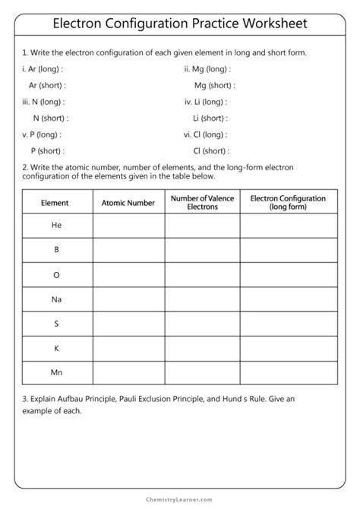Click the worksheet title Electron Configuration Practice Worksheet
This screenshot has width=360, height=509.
(180, 24)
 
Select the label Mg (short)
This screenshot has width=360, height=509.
(213, 85)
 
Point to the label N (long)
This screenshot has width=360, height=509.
(44, 102)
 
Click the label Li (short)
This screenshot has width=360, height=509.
(210, 118)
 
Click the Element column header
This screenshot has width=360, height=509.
(55, 203)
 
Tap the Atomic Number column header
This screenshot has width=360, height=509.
(128, 203)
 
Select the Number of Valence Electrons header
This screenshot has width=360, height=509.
(202, 203)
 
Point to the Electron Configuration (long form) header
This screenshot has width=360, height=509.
(288, 203)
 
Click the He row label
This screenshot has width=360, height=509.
(56, 226)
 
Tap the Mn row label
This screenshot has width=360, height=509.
(56, 373)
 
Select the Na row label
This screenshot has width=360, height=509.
(56, 299)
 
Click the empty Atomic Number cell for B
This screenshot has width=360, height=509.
(128, 250)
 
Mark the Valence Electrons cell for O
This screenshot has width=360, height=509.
(202, 275)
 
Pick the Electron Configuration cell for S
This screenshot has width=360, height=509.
(289, 324)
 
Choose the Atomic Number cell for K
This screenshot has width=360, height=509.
(128, 349)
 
